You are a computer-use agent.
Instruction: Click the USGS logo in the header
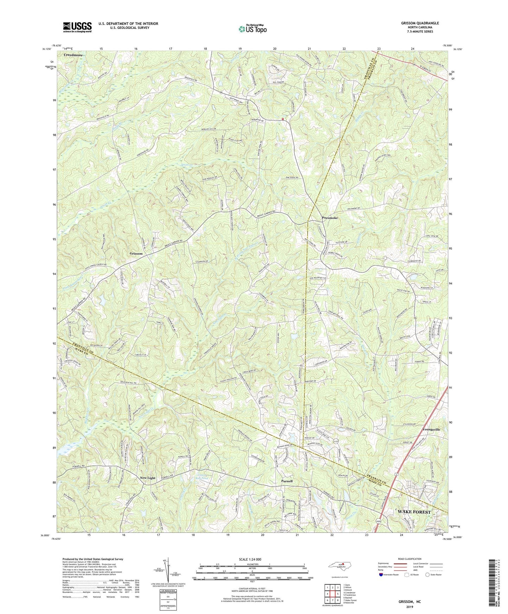(77, 27)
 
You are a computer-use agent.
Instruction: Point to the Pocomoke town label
(330, 218)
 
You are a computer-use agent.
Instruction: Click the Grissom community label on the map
(135, 254)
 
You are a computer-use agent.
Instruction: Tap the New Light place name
(147, 478)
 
